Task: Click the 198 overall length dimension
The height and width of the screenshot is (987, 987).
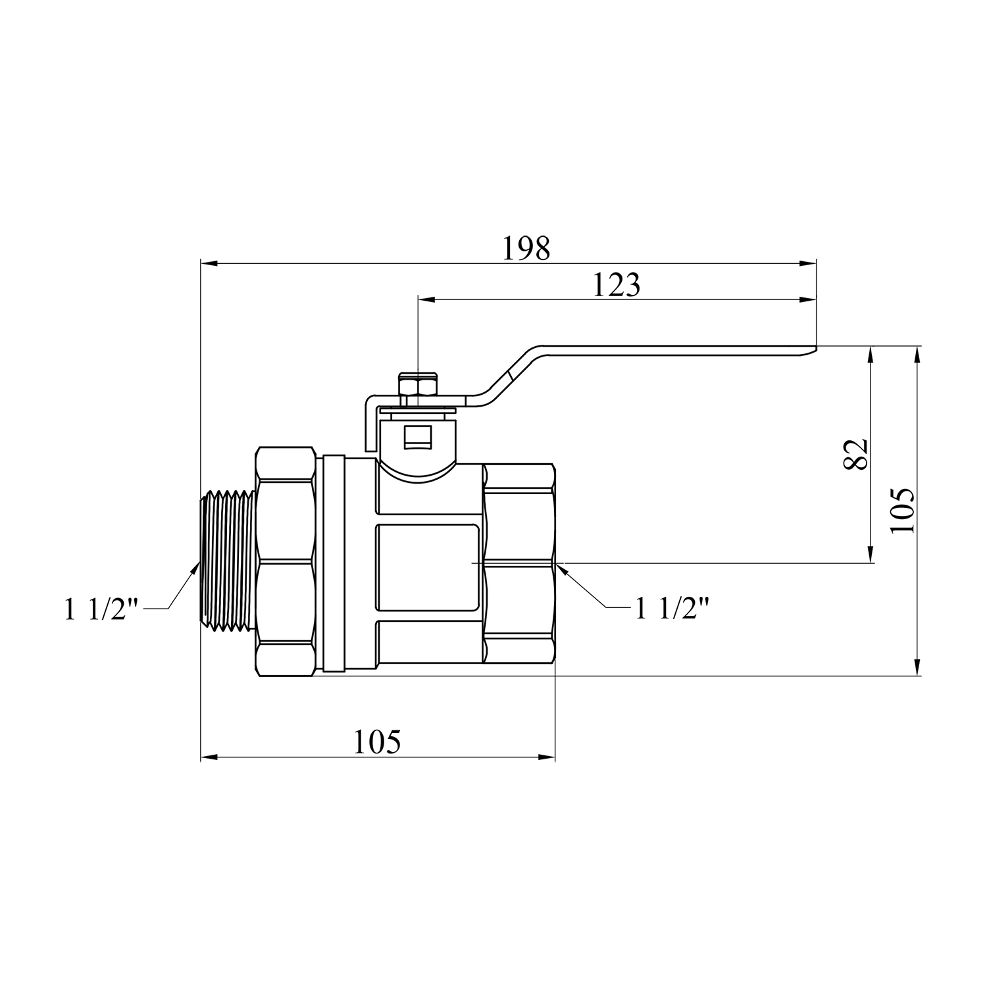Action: [526, 249]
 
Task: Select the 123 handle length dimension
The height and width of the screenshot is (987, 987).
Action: [617, 286]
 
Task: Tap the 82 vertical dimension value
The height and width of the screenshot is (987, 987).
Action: [855, 454]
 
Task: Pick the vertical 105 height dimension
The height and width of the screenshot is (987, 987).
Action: [901, 511]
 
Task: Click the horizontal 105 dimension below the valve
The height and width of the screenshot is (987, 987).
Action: [377, 742]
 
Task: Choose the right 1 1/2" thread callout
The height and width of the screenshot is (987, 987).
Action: [672, 608]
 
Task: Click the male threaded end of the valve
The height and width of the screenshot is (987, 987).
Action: [228, 557]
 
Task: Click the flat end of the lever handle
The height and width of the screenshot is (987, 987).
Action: [806, 351]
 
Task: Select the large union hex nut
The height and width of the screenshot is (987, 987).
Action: [285, 561]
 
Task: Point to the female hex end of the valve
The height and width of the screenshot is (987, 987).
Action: [519, 563]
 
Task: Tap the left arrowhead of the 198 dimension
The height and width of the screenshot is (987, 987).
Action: [209, 263]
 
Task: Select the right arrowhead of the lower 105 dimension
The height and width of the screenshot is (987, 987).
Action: [547, 757]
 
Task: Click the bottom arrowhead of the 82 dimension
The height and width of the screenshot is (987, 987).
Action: [871, 554]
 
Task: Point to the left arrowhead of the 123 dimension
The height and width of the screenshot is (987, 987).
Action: [427, 300]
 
